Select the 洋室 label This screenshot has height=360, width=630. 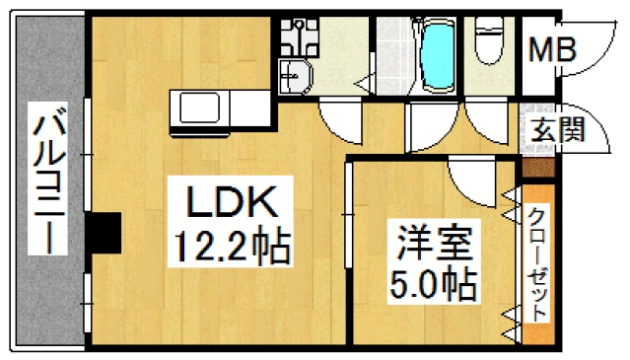tap(434, 243)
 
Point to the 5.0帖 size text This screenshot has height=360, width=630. tap(434, 284)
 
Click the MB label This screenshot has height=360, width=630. tap(552, 50)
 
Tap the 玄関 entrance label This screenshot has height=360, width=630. tap(558, 129)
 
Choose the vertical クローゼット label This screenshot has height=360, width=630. tap(537, 264)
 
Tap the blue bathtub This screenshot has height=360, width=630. tap(438, 55)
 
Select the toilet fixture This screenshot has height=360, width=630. tap(489, 40)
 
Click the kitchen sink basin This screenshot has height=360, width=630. tap(199, 108)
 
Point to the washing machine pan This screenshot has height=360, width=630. tap(299, 36)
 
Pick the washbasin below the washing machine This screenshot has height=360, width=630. tap(296, 76)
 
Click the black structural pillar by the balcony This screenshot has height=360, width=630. tap(104, 233)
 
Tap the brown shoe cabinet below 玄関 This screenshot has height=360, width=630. tap(538, 168)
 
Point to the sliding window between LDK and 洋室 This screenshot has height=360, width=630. tap(348, 215)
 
